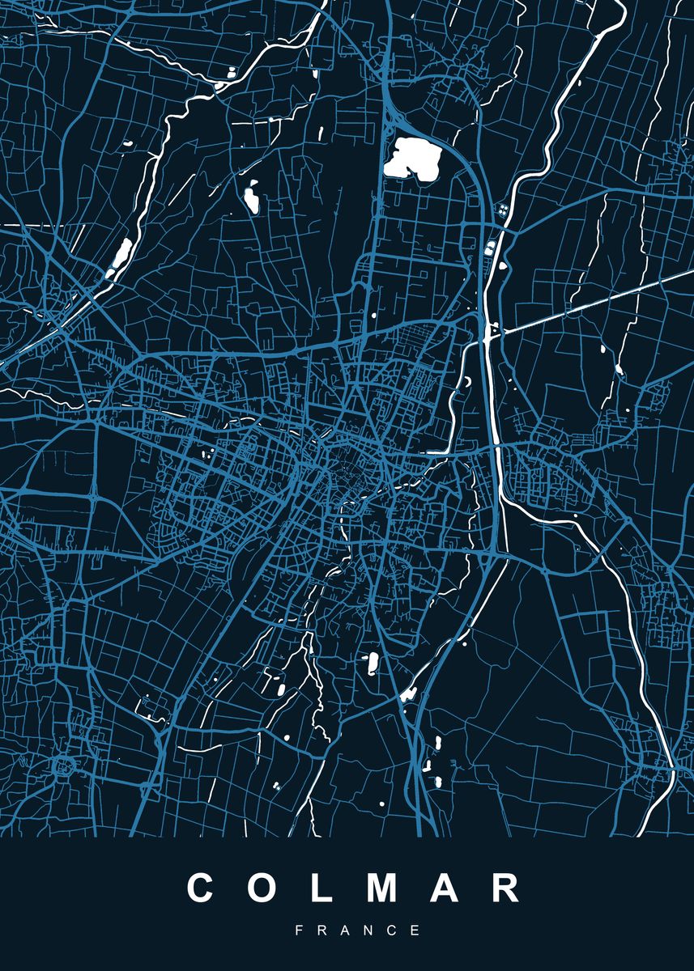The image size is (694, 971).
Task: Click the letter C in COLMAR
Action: click(x=202, y=888)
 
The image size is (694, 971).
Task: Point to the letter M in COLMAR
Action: click(x=380, y=888)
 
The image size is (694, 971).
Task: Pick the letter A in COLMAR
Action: click(x=444, y=888)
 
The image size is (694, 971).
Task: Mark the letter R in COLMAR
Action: click(x=505, y=888)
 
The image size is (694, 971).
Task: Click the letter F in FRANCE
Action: click(x=299, y=931)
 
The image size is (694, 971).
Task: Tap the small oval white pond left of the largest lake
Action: click(x=251, y=197)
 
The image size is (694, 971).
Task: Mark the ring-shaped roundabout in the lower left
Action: click(x=62, y=764)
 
